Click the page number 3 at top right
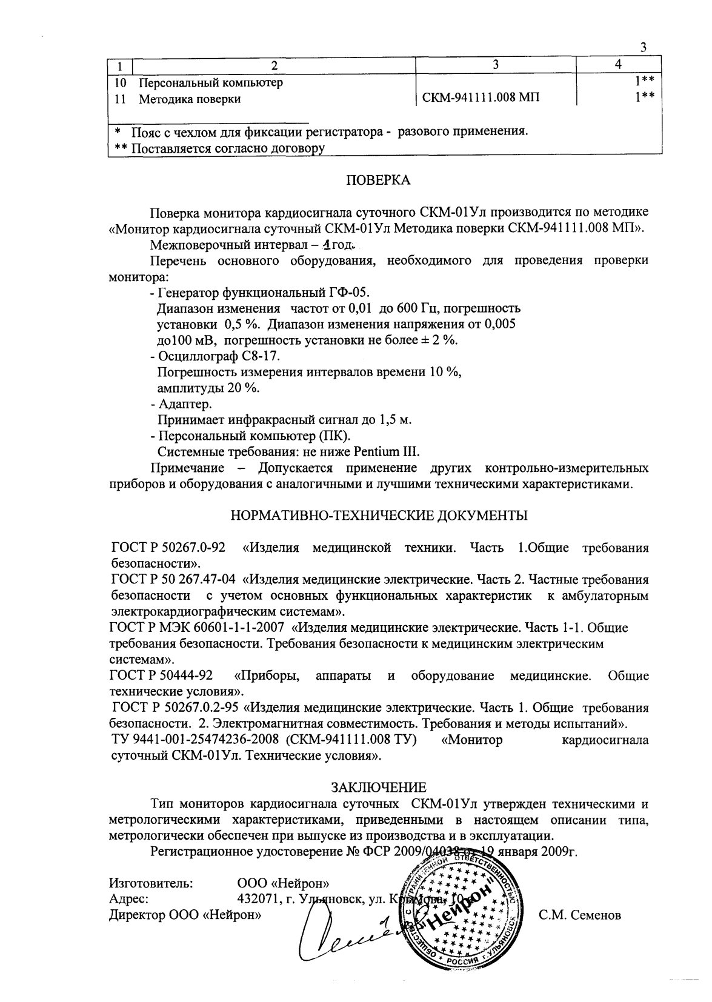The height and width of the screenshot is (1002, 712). [643, 49]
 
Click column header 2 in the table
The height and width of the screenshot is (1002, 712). [274, 65]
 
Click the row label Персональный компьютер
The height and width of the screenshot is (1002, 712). [211, 82]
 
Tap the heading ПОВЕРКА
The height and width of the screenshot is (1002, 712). [378, 180]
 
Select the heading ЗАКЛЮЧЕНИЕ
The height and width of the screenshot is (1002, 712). [378, 787]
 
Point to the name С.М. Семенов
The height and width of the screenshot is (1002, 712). [580, 915]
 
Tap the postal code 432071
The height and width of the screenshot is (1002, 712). [259, 898]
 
